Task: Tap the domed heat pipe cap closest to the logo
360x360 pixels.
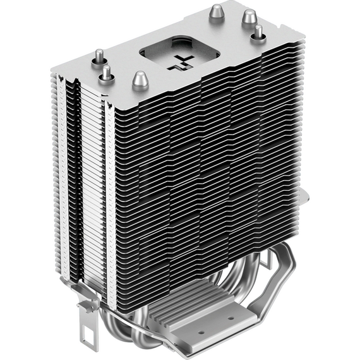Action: click(140, 79)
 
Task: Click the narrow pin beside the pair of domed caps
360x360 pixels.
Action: click(258, 33)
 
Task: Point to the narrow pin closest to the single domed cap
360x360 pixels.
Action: click(105, 73)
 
